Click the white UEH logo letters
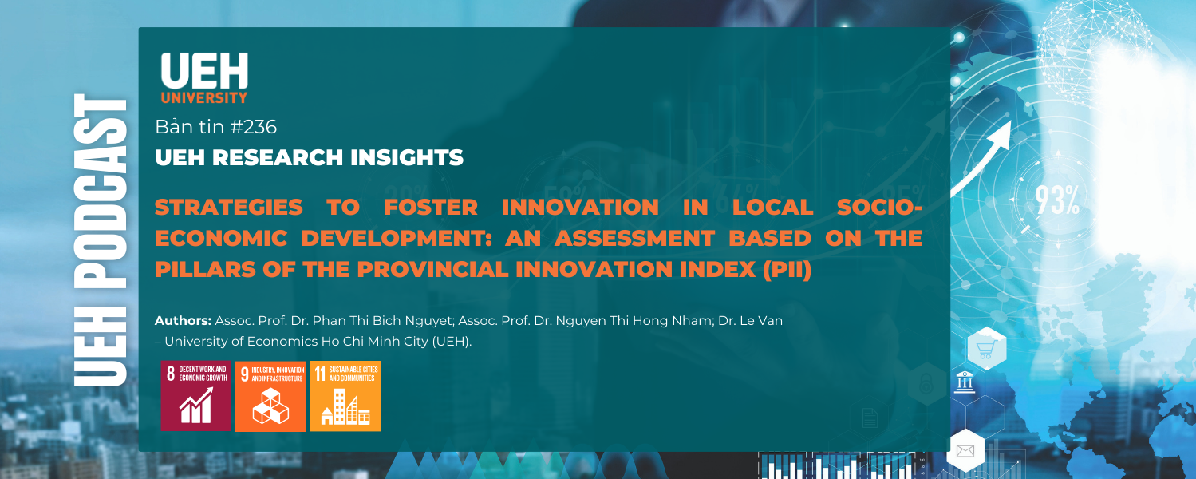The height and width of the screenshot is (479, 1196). coord(204,71)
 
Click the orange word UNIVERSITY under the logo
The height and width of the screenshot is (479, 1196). coord(204,98)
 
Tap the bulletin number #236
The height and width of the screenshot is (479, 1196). coord(251,127)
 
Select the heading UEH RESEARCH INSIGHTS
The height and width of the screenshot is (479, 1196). coord(309,158)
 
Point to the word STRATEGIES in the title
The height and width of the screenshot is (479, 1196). coord(228,208)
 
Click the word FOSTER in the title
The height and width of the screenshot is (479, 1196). coord(430,208)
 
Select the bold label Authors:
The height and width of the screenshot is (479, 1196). coord(183,320)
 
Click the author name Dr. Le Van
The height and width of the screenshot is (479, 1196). coord(755,320)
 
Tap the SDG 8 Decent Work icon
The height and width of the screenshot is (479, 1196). coord(195,396)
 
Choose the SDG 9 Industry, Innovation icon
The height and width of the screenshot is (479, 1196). coord(270,396)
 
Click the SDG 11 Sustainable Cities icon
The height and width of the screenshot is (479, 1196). coord(345,396)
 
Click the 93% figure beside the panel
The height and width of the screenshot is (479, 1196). coord(1058,201)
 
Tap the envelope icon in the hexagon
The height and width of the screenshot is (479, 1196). coord(965,451)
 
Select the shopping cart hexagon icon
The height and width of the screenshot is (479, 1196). coord(986,348)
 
